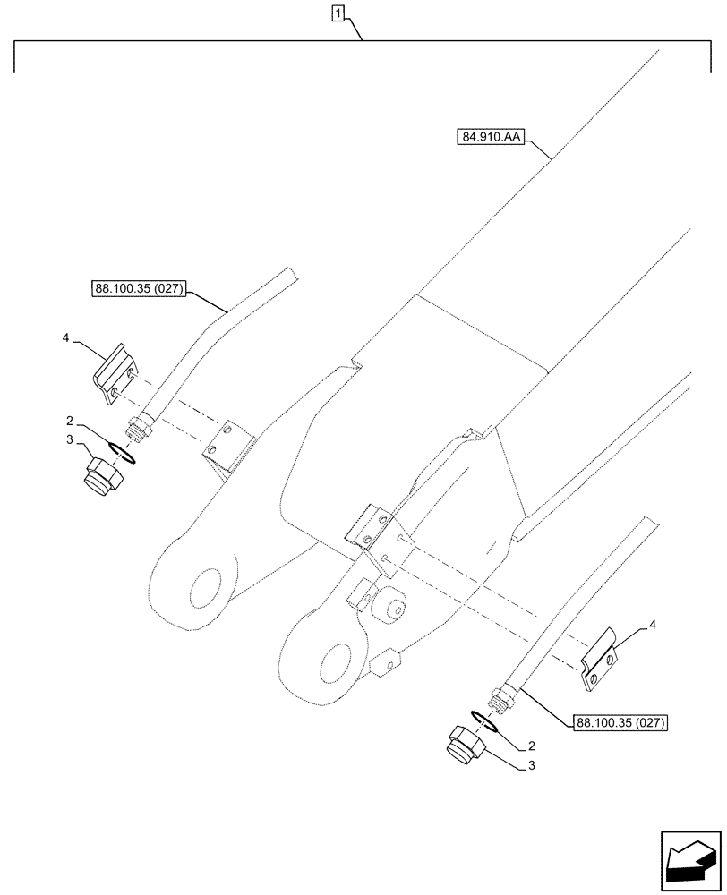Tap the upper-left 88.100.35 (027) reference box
(139, 288)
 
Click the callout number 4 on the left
(66, 338)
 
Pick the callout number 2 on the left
(68, 420)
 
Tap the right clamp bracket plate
(598, 663)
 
